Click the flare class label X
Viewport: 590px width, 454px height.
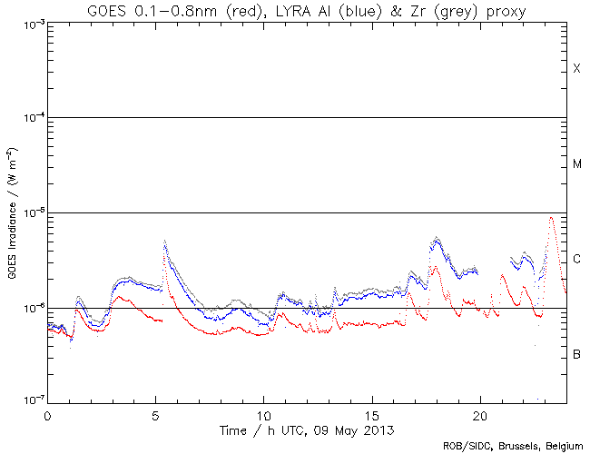(x=576, y=70)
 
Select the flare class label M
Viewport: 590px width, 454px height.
(x=576, y=164)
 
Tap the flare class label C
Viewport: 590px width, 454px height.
(x=576, y=260)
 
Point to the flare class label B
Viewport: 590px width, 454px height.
(x=576, y=354)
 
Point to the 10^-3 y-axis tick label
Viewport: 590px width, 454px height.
(x=30, y=23)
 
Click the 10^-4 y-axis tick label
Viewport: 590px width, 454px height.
(x=30, y=118)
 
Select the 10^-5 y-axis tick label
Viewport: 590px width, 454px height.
(x=30, y=212)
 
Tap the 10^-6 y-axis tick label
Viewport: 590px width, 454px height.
(x=30, y=308)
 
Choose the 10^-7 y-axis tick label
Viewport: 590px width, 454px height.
(x=30, y=401)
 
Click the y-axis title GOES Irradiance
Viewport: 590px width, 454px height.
(x=11, y=212)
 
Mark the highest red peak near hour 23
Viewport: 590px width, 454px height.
(x=551, y=218)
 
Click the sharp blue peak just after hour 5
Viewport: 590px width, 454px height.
(x=164, y=242)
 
